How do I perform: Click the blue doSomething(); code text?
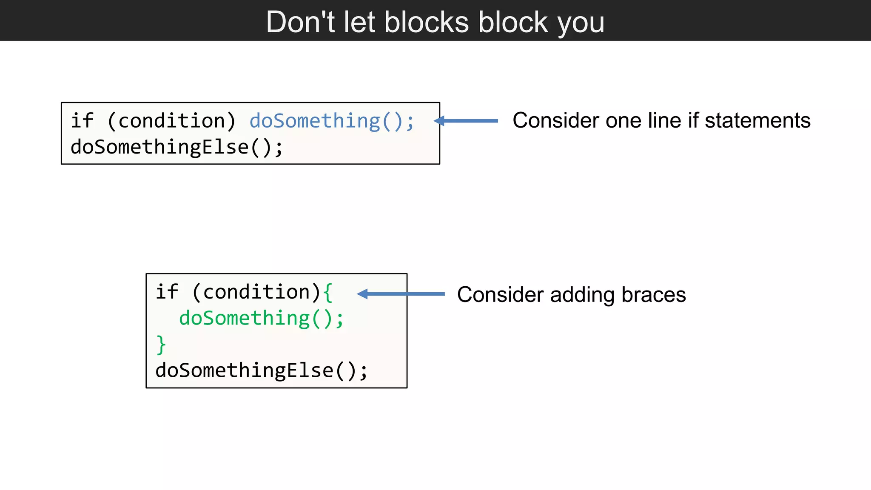(x=331, y=121)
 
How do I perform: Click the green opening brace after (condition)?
(x=327, y=293)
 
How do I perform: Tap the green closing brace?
(x=161, y=345)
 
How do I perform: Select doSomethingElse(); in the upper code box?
(x=176, y=147)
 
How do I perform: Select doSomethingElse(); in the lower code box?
(x=261, y=370)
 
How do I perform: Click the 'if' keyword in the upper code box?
(x=82, y=121)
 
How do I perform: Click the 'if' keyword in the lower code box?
(x=167, y=292)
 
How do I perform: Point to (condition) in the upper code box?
(x=171, y=121)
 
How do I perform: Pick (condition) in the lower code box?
(x=256, y=293)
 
